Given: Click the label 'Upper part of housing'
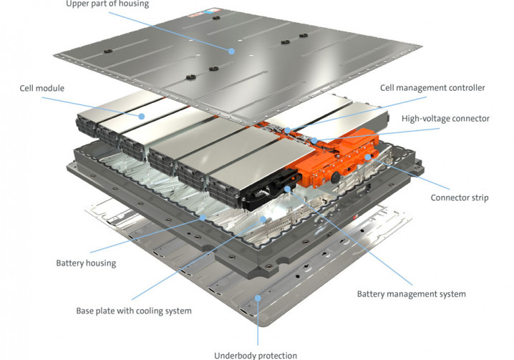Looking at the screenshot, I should coord(108,4).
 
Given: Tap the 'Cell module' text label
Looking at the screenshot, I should coord(42,89).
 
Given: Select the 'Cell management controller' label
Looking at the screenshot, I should coord(432,88).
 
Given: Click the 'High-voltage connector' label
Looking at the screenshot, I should coord(445,118).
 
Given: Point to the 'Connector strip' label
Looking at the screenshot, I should coord(460,198).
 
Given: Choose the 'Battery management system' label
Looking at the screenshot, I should coord(411,293).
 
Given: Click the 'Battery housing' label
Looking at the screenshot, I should coord(86,263).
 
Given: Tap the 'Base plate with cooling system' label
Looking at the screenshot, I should coord(134,311).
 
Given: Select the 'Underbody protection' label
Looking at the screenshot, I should coord(256,355).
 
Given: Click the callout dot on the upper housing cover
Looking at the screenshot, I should coord(231,52).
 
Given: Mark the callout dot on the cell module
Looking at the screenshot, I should coord(142,115).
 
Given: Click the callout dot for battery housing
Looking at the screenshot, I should coord(205,217).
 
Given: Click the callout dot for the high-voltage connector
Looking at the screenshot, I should coord(314,141).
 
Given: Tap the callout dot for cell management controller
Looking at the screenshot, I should coord(286,131).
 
